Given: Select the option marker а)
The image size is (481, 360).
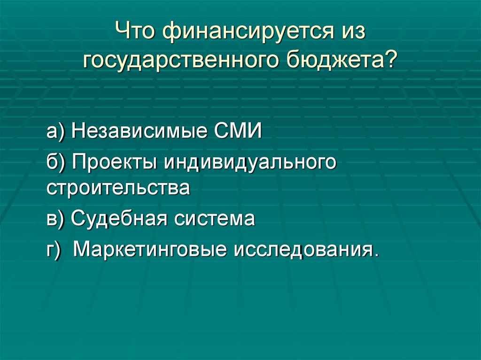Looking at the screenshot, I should pyautogui.click(x=57, y=132).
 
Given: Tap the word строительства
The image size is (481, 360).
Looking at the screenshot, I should pyautogui.click(x=118, y=189).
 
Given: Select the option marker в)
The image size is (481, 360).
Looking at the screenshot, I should pyautogui.click(x=56, y=219).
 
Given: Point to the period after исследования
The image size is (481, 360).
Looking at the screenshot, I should pyautogui.click(x=375, y=255).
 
